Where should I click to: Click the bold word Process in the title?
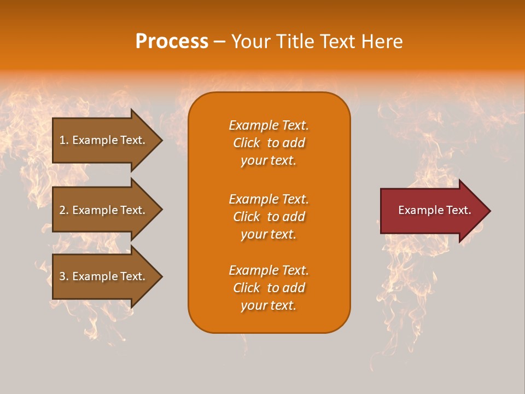pos(172,42)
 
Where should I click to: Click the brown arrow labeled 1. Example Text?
pos(104,140)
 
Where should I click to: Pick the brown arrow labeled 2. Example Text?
pos(104,210)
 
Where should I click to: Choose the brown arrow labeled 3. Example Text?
pos(104,276)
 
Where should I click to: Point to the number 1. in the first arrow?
pos(64,140)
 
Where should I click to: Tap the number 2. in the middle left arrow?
pos(64,210)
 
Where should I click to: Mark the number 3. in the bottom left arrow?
pos(64,276)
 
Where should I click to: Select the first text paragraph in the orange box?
pos(269,143)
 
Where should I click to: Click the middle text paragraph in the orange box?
pos(269,217)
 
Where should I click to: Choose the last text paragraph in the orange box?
pos(269,288)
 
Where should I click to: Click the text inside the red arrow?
pos(434,210)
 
